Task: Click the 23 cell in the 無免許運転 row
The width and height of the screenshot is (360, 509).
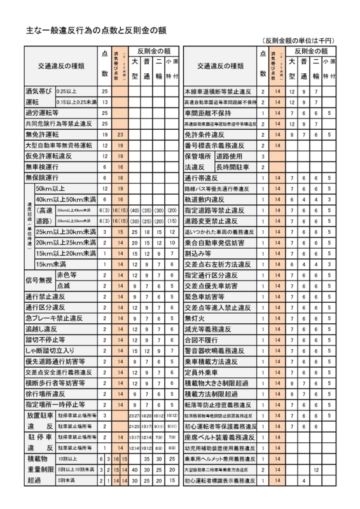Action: [x=119, y=134]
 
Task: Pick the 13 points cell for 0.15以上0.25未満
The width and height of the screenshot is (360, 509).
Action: [x=104, y=102]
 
